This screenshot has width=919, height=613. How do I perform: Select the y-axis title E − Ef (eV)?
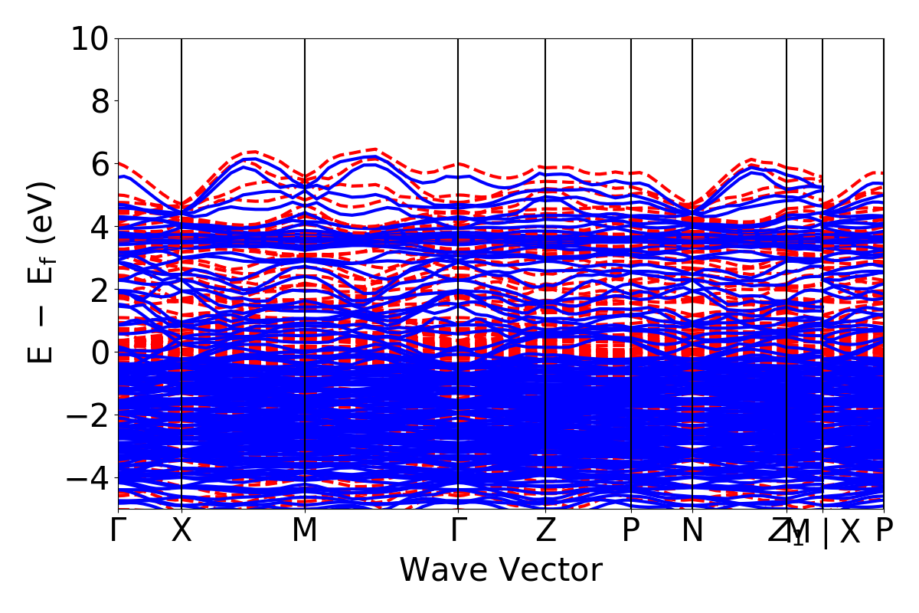[x=42, y=272]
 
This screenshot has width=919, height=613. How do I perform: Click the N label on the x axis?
[x=692, y=530]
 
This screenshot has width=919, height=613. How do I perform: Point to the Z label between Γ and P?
[x=545, y=530]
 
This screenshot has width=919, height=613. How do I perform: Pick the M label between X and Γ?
[x=305, y=530]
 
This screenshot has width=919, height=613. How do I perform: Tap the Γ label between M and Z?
[x=458, y=530]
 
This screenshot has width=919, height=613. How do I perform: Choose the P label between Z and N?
[x=631, y=530]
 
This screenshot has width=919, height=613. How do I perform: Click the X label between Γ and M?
[x=182, y=530]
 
